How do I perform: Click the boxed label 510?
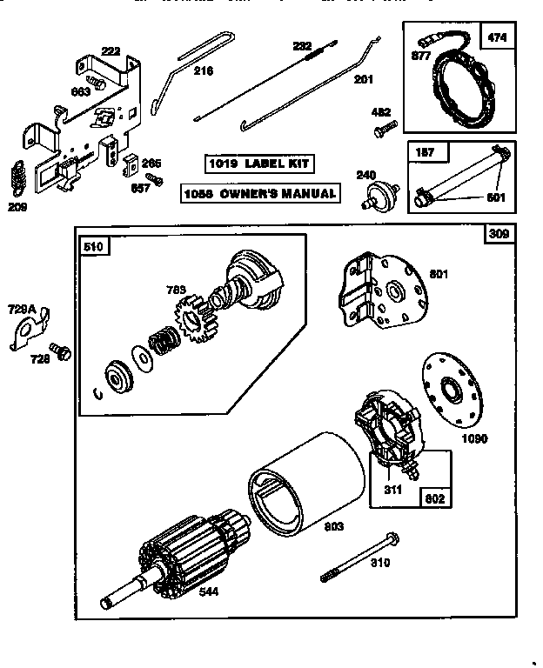click(x=93, y=247)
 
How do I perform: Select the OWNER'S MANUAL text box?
click(x=259, y=193)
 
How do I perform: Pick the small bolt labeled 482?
click(x=384, y=131)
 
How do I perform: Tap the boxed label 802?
click(x=434, y=499)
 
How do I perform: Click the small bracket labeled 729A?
click(x=29, y=331)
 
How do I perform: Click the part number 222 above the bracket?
click(x=111, y=52)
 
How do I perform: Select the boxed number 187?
click(x=424, y=153)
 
